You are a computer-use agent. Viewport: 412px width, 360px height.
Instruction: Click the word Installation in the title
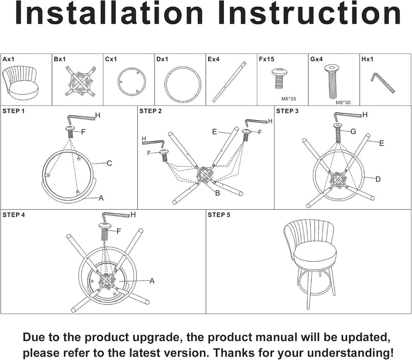[109, 13]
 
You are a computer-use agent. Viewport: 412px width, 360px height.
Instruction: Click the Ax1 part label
[8, 60]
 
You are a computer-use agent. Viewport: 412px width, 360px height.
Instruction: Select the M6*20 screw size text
[289, 99]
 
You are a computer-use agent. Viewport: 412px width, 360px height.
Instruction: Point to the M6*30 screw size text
[343, 102]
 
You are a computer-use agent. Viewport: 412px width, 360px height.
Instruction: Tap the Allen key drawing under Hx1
[383, 83]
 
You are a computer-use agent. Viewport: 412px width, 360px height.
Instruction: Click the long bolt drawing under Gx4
[332, 82]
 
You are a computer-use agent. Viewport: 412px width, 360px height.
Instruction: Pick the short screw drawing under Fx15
[279, 78]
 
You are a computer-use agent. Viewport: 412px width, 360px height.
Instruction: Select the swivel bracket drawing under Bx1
[81, 81]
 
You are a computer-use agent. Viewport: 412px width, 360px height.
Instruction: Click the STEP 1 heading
[13, 111]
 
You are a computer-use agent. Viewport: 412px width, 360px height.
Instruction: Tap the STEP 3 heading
[287, 111]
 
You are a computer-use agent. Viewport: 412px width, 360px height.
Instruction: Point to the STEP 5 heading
[219, 215]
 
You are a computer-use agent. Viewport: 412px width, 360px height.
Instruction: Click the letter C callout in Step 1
[109, 164]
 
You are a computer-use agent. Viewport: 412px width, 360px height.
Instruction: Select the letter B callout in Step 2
[217, 193]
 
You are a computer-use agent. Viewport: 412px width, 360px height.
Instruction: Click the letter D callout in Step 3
[378, 179]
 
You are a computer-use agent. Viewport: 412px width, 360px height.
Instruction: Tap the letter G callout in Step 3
[353, 132]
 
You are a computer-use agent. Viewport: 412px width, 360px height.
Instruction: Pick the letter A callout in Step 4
[152, 281]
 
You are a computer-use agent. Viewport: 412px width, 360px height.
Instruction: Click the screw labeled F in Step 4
[105, 231]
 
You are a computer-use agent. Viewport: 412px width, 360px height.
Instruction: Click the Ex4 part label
[213, 60]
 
